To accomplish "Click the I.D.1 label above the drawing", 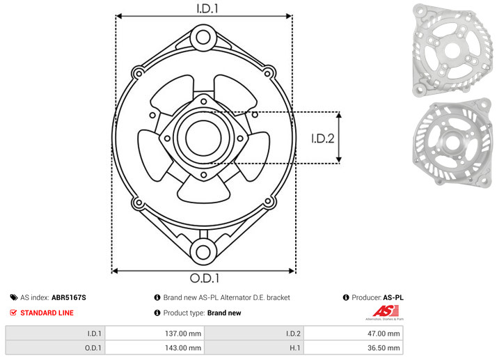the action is coord(207,8).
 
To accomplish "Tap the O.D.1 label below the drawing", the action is coord(205,278).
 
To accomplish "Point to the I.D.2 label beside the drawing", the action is coord(323,139).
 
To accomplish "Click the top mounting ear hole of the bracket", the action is coord(203,37).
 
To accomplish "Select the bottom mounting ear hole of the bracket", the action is coord(203,252).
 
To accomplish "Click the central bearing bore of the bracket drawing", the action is coord(203,138).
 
